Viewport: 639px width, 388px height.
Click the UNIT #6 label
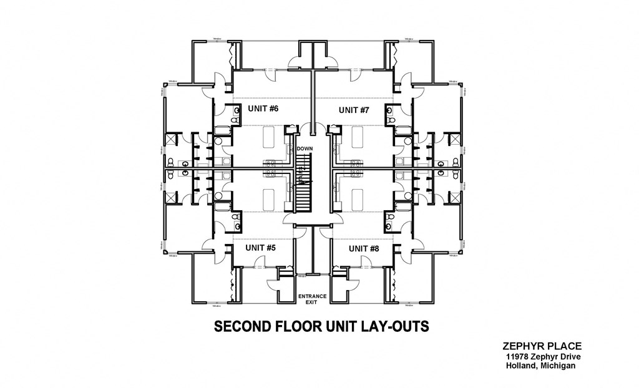click(x=263, y=109)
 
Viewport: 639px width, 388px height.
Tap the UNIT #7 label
click(x=354, y=110)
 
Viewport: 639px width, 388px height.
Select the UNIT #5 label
click(x=260, y=248)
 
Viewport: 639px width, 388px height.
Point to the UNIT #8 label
click(x=364, y=248)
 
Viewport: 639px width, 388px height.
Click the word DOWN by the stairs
click(x=305, y=148)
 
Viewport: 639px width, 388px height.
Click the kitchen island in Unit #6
click(x=269, y=135)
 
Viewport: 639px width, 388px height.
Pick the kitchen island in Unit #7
click(x=357, y=135)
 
